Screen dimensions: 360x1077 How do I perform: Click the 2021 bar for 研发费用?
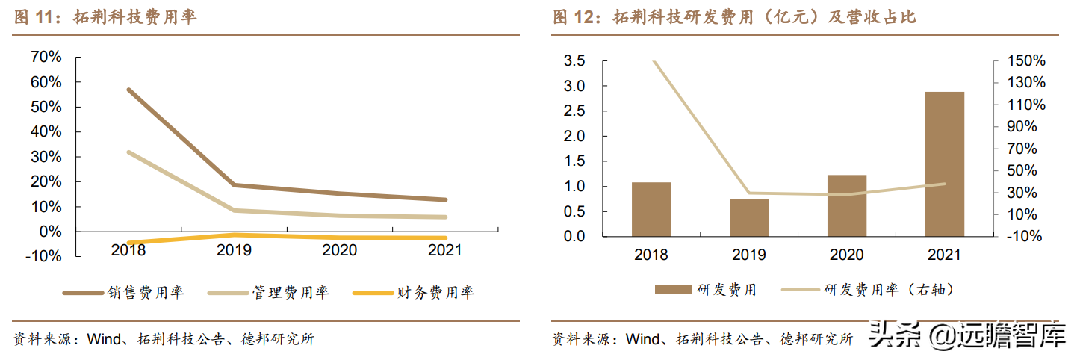944,164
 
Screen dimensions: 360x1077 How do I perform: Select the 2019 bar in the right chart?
748,217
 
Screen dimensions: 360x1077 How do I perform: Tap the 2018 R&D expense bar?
651,209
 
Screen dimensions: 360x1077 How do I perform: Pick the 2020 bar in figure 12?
846,205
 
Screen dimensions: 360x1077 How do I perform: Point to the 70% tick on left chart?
46,58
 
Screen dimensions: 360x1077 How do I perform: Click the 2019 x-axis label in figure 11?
234,250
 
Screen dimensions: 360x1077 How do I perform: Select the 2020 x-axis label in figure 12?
846,255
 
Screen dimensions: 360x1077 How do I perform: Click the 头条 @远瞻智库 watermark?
966,338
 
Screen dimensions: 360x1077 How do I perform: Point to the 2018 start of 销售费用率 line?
129,90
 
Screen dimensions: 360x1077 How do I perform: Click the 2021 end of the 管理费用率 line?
446,217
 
